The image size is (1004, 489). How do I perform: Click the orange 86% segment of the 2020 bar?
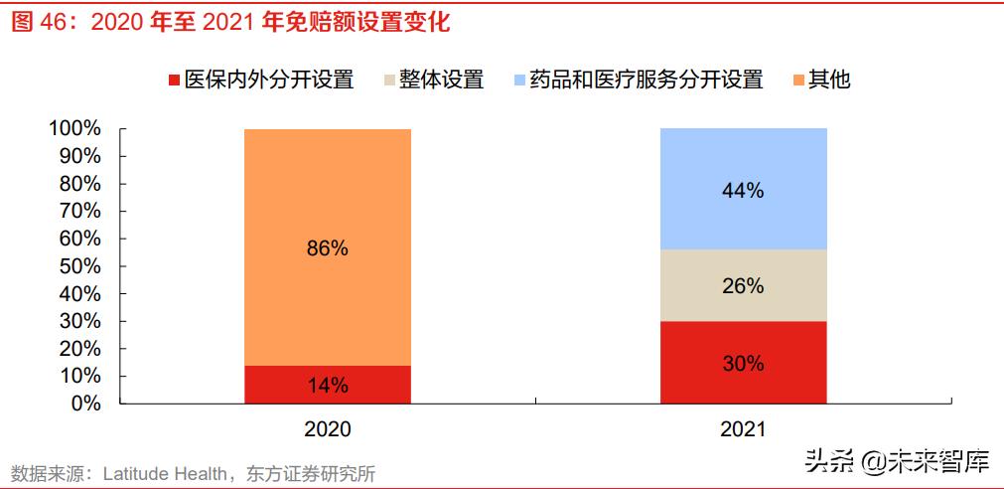(327, 247)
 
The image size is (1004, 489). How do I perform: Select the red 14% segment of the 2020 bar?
(327, 385)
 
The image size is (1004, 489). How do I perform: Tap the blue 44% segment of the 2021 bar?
(743, 189)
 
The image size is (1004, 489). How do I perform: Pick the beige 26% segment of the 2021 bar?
(743, 285)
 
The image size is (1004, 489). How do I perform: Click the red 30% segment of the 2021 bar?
(743, 363)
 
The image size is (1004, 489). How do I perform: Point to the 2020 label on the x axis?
(327, 429)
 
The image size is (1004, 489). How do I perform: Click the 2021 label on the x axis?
(743, 429)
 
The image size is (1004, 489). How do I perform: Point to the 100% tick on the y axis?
(74, 128)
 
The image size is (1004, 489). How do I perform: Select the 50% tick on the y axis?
(79, 266)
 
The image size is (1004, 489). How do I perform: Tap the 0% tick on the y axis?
(85, 404)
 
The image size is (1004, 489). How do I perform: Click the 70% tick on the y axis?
(79, 211)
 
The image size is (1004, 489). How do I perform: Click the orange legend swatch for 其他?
(798, 81)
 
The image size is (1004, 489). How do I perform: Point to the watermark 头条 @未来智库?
(896, 460)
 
